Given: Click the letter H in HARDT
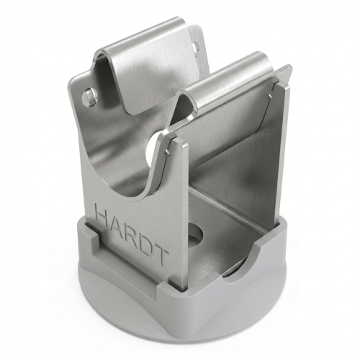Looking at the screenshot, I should point(103,212).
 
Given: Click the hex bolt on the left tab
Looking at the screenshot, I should point(89,97).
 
